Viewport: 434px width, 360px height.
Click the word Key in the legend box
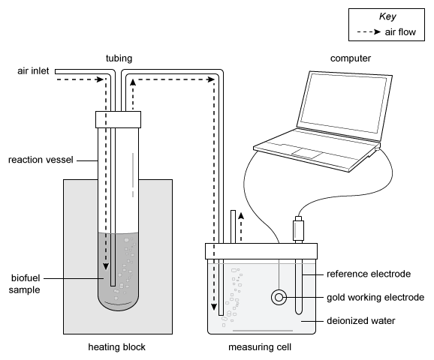click(x=387, y=16)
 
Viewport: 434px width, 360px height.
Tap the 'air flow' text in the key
click(x=400, y=32)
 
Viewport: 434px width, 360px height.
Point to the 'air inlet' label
click(x=33, y=71)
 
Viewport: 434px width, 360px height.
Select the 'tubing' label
click(x=119, y=58)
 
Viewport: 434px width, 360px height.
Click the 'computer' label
click(x=351, y=58)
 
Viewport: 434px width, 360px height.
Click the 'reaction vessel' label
click(x=41, y=160)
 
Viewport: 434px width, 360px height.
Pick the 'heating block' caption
click(x=116, y=347)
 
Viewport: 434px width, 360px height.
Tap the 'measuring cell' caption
click(x=260, y=347)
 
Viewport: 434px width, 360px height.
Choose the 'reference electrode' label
click(x=369, y=274)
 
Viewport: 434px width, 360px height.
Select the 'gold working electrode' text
click(x=375, y=298)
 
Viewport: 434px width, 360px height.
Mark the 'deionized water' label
click(x=361, y=321)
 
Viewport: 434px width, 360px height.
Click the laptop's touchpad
click(x=307, y=153)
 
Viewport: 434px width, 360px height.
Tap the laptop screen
click(x=343, y=103)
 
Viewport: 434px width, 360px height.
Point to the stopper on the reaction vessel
click(x=118, y=119)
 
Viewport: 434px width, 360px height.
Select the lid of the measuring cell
click(x=261, y=251)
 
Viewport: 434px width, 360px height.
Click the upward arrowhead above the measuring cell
click(x=241, y=216)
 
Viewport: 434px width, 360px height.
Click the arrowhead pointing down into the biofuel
click(x=106, y=266)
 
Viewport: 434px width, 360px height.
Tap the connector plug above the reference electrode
click(x=298, y=229)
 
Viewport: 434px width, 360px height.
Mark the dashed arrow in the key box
click(x=369, y=32)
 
